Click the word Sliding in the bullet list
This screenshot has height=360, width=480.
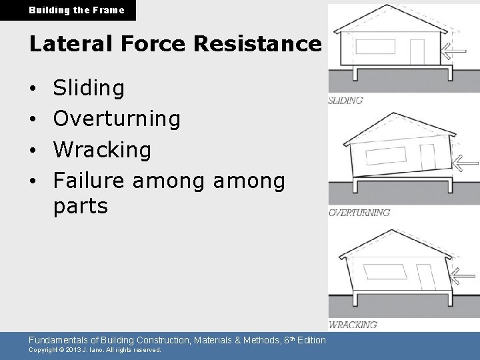pyautogui.click(x=89, y=87)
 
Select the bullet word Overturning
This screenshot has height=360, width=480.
pyautogui.click(x=117, y=119)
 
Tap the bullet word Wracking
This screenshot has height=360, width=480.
pyautogui.click(x=103, y=149)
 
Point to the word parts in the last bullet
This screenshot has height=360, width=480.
pyautogui.click(x=80, y=206)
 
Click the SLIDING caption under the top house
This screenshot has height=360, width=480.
pyautogui.click(x=345, y=101)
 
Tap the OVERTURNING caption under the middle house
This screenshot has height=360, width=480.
pyautogui.click(x=359, y=213)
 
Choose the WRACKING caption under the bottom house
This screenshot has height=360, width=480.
pyautogui.click(x=353, y=325)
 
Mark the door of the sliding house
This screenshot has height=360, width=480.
pyautogui.click(x=416, y=51)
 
